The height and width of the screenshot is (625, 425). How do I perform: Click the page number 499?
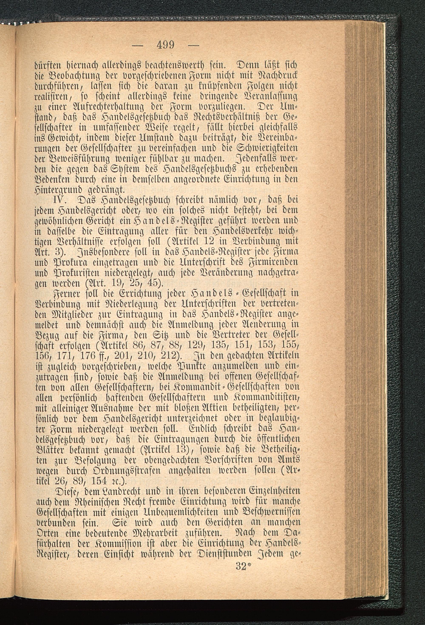(165, 44)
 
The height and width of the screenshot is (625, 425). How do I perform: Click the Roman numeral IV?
(66, 200)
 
